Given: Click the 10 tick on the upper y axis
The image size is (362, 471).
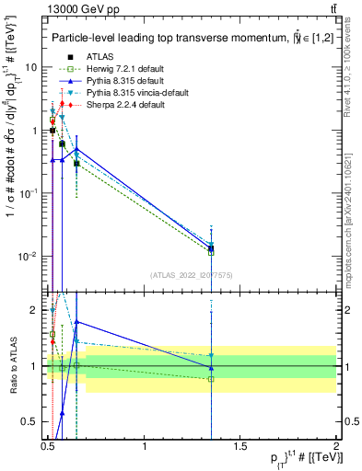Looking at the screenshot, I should (31, 68).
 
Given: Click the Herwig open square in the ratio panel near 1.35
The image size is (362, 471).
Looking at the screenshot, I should (211, 378).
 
